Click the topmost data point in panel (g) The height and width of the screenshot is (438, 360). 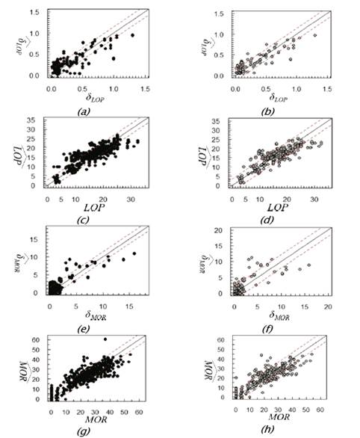point(105,339)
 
